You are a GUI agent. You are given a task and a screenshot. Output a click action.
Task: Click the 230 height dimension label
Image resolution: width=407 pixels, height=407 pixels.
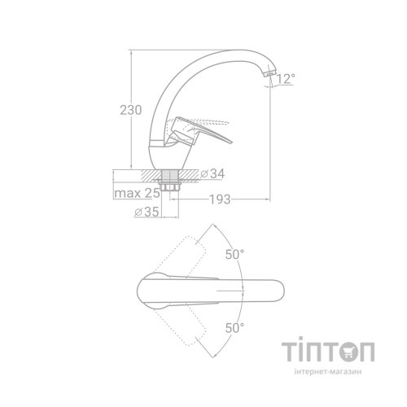tap(131, 110)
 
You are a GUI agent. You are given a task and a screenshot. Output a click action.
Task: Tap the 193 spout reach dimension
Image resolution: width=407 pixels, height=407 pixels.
tap(220, 199)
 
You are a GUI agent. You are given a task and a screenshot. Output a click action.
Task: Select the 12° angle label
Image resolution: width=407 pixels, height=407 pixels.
tap(286, 79)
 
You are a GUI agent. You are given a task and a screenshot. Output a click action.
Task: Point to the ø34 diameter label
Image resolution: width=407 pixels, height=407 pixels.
tap(212, 173)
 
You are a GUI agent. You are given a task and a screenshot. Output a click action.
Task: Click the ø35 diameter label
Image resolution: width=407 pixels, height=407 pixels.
tap(147, 212)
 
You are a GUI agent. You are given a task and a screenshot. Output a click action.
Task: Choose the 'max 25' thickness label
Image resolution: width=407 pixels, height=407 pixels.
tap(137, 193)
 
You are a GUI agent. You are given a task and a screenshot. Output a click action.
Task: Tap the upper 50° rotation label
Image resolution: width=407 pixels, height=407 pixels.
tap(234, 255)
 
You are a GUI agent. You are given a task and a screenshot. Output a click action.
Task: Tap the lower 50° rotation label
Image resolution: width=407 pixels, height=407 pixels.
tap(234, 328)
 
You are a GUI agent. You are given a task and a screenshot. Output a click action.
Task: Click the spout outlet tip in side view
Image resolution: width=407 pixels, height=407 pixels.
tap(269, 73)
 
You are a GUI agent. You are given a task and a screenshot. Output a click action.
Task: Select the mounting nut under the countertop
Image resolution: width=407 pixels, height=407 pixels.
tap(170, 187)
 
